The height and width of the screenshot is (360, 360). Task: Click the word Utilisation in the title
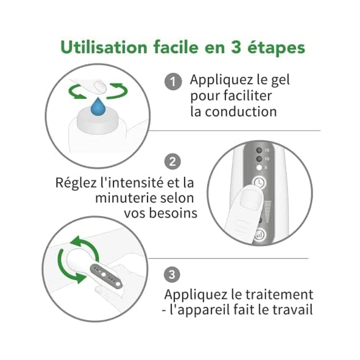click(x=104, y=48)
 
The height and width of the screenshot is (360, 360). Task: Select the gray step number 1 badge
click(x=173, y=82)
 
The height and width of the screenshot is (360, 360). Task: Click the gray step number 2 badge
click(x=172, y=161)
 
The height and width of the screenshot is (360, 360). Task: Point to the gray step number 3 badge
click(x=172, y=275)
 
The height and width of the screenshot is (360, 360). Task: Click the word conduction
click(x=240, y=112)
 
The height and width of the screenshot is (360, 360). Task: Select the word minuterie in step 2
click(x=123, y=198)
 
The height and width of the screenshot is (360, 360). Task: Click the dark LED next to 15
click(x=259, y=150)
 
